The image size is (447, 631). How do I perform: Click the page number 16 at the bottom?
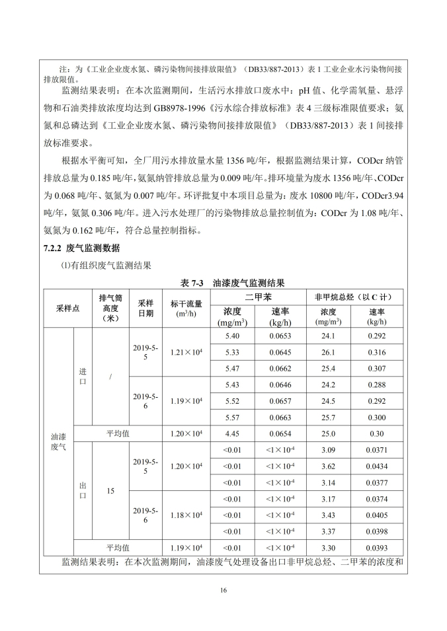[x=223, y=591]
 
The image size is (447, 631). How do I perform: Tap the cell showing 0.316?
[x=376, y=352]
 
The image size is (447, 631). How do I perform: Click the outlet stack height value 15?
[x=110, y=491]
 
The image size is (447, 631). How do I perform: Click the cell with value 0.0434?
[x=376, y=466]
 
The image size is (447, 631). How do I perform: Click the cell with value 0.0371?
[x=376, y=450]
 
